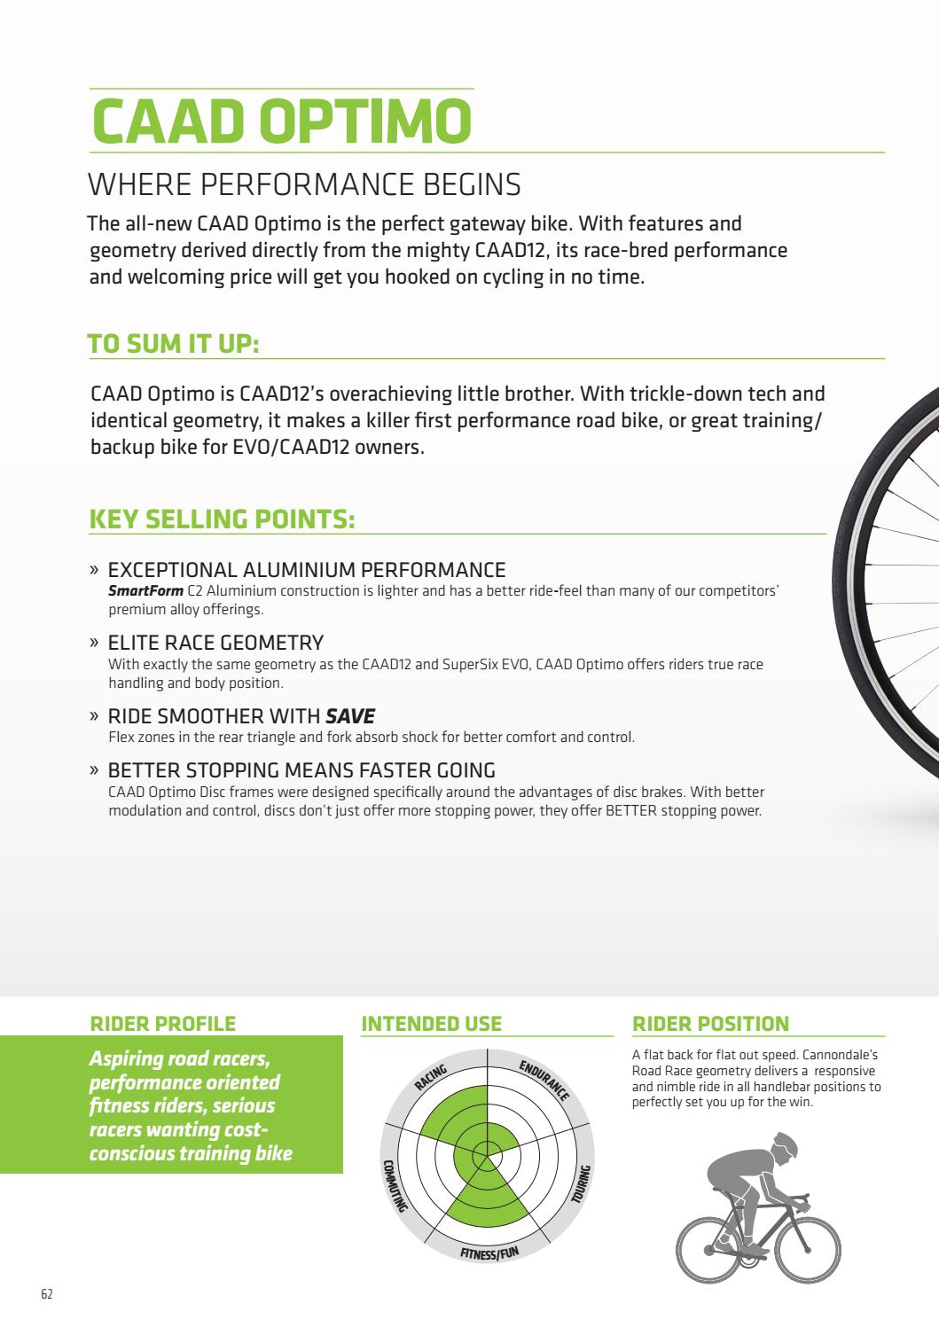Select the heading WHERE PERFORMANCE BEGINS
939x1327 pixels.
[304, 185]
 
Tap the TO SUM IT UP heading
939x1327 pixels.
[173, 344]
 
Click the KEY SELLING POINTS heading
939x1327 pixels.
[222, 519]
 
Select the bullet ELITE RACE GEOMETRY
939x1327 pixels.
[215, 642]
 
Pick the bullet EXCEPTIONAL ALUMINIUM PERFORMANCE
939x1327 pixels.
[306, 570]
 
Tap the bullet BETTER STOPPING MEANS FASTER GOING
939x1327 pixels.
[301, 770]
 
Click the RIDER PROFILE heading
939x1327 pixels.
[163, 1024]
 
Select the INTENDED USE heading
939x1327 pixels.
[432, 1024]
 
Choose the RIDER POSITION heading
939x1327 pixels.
[710, 1024]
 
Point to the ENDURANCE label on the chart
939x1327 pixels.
[544, 1081]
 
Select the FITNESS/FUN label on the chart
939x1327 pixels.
[488, 1253]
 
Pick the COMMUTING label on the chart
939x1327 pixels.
[393, 1184]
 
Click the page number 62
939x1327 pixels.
[47, 1293]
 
